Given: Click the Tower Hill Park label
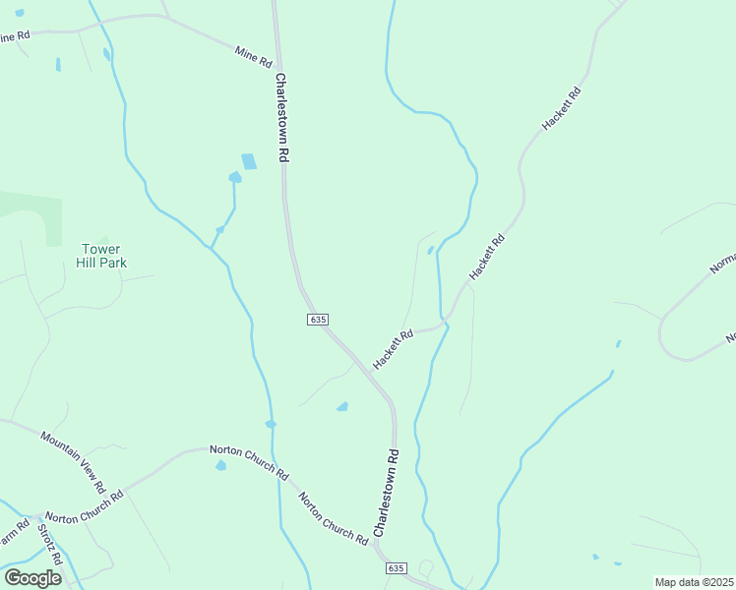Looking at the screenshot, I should point(103,256).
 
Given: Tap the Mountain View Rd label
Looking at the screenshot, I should point(73,461).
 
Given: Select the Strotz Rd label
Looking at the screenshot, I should point(50,544).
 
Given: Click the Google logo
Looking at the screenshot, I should point(32,577).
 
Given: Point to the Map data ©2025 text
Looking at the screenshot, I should point(694,582).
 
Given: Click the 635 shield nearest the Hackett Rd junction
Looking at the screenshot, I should point(317,320).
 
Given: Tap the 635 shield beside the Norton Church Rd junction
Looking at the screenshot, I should point(396,568).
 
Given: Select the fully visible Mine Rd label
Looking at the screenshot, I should point(253,57).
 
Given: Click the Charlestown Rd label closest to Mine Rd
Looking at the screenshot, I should point(281,117).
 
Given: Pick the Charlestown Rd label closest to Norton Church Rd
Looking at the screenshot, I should point(386,493).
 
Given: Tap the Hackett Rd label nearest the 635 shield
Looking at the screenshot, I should point(393,348).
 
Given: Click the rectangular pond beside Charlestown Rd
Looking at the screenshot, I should point(249,161).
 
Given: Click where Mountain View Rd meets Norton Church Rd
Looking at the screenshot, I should point(120,489).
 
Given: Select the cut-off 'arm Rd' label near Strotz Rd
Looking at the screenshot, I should point(13,540).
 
